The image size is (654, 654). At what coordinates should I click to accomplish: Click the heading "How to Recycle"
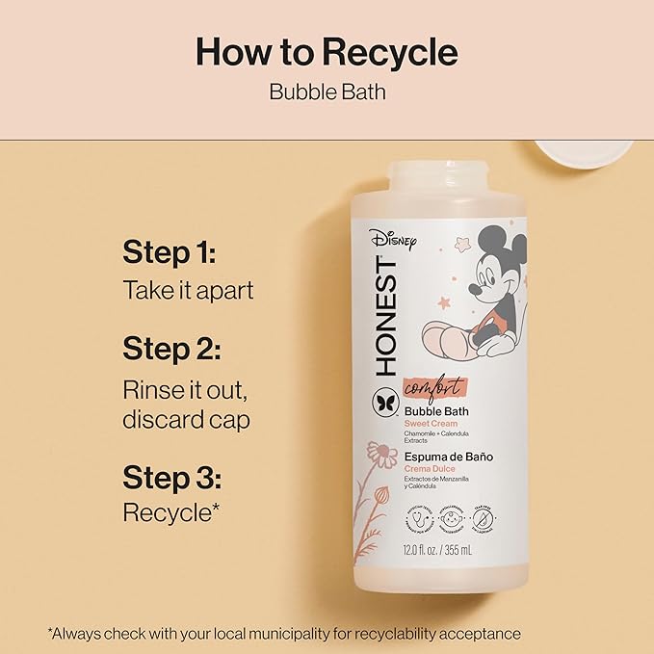(x=327, y=51)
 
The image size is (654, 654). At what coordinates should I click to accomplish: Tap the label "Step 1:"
(x=169, y=253)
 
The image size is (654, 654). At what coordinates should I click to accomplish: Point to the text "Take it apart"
(x=188, y=290)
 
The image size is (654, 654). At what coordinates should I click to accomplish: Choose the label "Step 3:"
(x=171, y=479)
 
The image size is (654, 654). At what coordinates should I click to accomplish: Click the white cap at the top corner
(x=584, y=148)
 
